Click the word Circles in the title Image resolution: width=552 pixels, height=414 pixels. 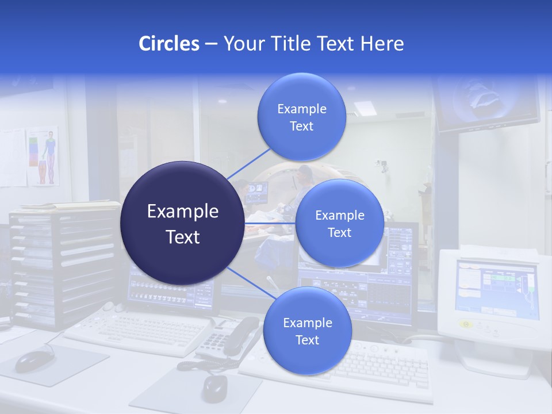point(169,44)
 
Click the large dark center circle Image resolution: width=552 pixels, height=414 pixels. point(182,223)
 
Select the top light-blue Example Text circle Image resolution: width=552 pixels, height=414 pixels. point(301,117)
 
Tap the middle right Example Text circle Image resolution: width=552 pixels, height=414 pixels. point(339,223)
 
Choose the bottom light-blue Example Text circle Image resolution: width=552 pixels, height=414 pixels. point(307,331)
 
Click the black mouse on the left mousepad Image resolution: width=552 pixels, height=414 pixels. point(33,361)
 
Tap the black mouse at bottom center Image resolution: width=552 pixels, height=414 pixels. point(214,388)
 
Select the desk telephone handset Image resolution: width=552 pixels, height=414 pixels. point(240,335)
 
